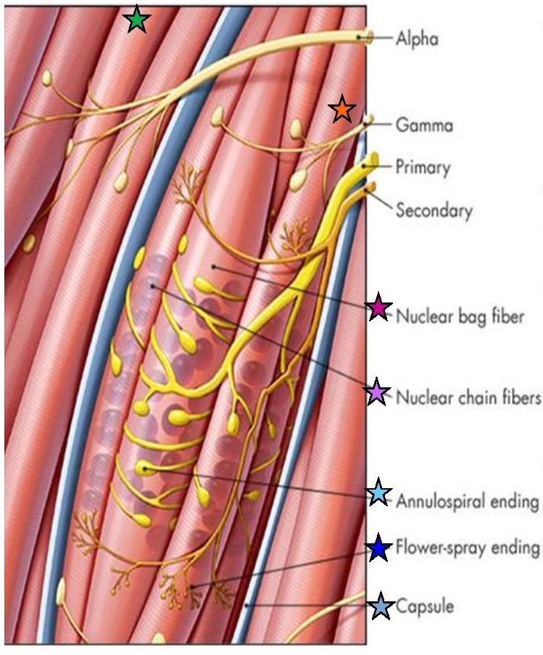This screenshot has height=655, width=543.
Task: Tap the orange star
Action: click(341, 110)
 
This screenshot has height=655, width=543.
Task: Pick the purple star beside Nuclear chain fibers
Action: click(376, 392)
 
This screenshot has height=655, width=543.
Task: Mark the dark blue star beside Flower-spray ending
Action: click(378, 548)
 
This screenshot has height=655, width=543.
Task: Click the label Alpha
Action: click(417, 38)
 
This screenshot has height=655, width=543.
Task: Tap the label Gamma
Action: click(424, 125)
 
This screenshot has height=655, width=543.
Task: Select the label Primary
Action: click(423, 168)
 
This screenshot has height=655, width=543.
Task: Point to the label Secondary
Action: click(434, 211)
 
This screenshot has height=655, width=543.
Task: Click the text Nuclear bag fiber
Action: click(460, 316)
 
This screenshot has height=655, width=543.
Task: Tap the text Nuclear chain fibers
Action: click(468, 397)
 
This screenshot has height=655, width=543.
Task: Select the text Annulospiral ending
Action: click(468, 500)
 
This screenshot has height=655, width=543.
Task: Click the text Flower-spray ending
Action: click(468, 548)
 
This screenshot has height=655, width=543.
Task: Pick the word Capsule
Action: click(424, 606)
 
